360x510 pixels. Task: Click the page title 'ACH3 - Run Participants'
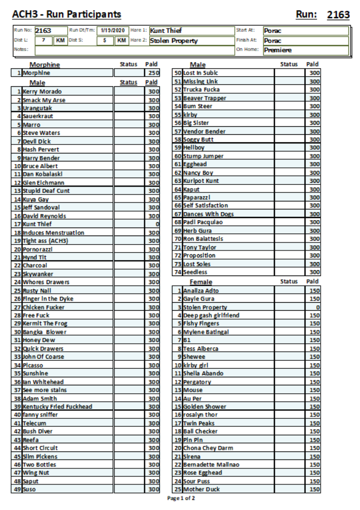click(x=67, y=14)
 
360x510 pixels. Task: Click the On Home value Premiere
click(x=277, y=51)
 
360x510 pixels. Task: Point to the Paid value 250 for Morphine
click(x=153, y=72)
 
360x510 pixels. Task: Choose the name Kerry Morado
click(x=42, y=92)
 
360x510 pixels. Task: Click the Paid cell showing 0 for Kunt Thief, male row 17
click(x=153, y=224)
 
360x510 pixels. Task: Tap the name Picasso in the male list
click(x=34, y=365)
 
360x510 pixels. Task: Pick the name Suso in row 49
click(x=30, y=489)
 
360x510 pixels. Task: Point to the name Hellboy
click(x=194, y=148)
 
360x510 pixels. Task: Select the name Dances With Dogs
click(x=208, y=214)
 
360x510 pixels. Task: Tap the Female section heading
click(x=201, y=282)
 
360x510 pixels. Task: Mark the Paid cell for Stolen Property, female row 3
click(x=314, y=307)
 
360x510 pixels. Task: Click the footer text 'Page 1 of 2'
click(x=181, y=498)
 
